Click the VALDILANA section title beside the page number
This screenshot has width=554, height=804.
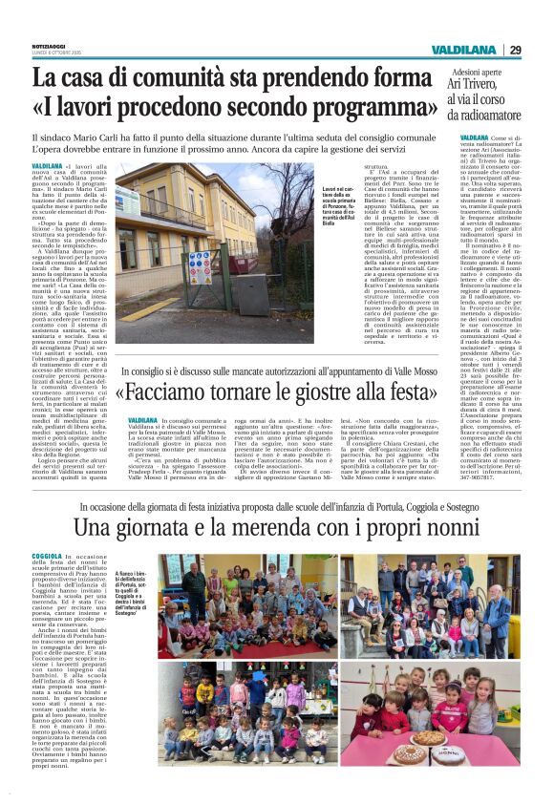click(x=464, y=50)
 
